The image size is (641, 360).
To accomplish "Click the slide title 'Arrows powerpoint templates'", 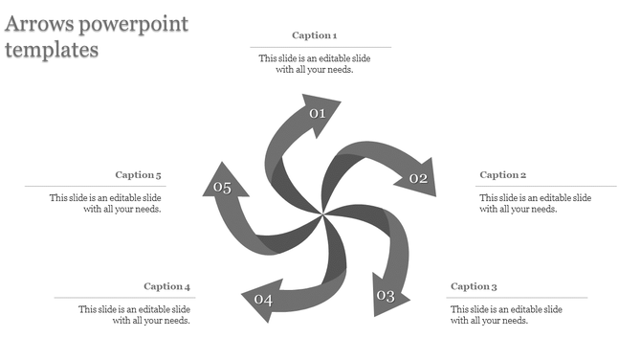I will [96, 36].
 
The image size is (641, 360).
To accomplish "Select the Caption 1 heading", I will [315, 35].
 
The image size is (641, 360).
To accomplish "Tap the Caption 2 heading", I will [502, 175].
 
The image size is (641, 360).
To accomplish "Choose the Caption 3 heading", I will [474, 286].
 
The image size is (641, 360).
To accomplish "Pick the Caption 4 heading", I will [167, 286].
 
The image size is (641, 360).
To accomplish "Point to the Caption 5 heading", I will [139, 175].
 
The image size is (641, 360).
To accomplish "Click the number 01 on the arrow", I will [318, 114].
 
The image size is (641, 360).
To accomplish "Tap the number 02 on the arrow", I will [418, 178].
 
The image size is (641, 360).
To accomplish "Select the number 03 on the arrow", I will [385, 296].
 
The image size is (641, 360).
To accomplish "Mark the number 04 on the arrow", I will [263, 301].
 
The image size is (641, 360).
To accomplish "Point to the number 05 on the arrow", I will [222, 188].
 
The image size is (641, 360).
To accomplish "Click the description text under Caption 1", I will [315, 64].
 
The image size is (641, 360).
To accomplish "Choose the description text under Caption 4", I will [135, 315].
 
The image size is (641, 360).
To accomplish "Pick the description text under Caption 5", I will [106, 203].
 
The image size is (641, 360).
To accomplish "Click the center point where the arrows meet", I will [322, 212].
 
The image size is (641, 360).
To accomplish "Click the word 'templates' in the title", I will [51, 50].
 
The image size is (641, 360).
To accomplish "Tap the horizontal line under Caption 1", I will [320, 47].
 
